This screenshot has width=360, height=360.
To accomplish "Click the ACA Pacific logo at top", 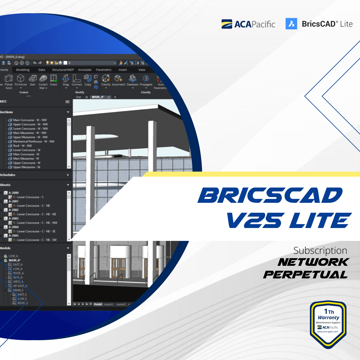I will pyautogui.click(x=248, y=24).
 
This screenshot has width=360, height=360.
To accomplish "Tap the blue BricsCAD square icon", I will pyautogui.click(x=291, y=24).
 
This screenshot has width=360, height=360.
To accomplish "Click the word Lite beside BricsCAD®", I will pyautogui.click(x=346, y=24).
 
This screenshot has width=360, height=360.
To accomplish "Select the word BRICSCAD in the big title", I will pyautogui.click(x=270, y=196).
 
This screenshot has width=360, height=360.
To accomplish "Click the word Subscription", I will pyautogui.click(x=320, y=250).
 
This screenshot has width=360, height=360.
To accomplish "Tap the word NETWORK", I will pyautogui.click(x=313, y=262).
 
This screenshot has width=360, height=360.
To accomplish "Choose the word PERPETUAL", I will pyautogui.click(x=305, y=274).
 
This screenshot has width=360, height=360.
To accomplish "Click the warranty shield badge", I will pyautogui.click(x=328, y=324).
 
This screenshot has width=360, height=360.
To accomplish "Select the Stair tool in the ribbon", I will pyautogui.click(x=32, y=80).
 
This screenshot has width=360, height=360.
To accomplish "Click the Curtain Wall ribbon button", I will pyautogui.click(x=43, y=81).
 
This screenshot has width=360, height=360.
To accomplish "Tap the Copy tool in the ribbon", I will pyautogui.click(x=88, y=80).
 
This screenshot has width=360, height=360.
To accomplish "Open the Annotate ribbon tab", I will pyautogui.click(x=85, y=70).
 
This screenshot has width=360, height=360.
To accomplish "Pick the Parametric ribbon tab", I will pyautogui.click(x=103, y=70).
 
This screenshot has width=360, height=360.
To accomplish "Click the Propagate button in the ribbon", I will pyautogui.click(x=146, y=80).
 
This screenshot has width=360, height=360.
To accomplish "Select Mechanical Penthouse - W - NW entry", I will pyautogui.click(x=34, y=141).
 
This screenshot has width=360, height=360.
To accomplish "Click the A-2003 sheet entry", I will pyautogui.click(x=13, y=218).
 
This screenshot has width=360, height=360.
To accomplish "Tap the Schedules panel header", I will pyautogui.click(x=8, y=175).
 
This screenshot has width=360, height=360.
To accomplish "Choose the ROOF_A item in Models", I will pyautogui.click(x=18, y=273).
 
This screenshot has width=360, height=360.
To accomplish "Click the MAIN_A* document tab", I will pyautogui.click(x=98, y=97).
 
